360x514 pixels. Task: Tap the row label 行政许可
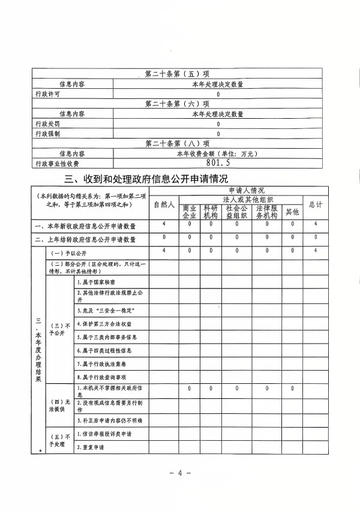(48, 94)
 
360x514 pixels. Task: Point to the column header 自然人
(164, 205)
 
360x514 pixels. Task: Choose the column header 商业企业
(190, 212)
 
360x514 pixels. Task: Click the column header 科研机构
(211, 212)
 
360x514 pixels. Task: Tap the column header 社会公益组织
(236, 212)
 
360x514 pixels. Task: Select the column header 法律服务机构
(265, 212)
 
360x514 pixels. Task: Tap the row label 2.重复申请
(91, 447)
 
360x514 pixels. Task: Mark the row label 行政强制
(48, 133)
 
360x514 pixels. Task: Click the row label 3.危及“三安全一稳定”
(105, 311)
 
